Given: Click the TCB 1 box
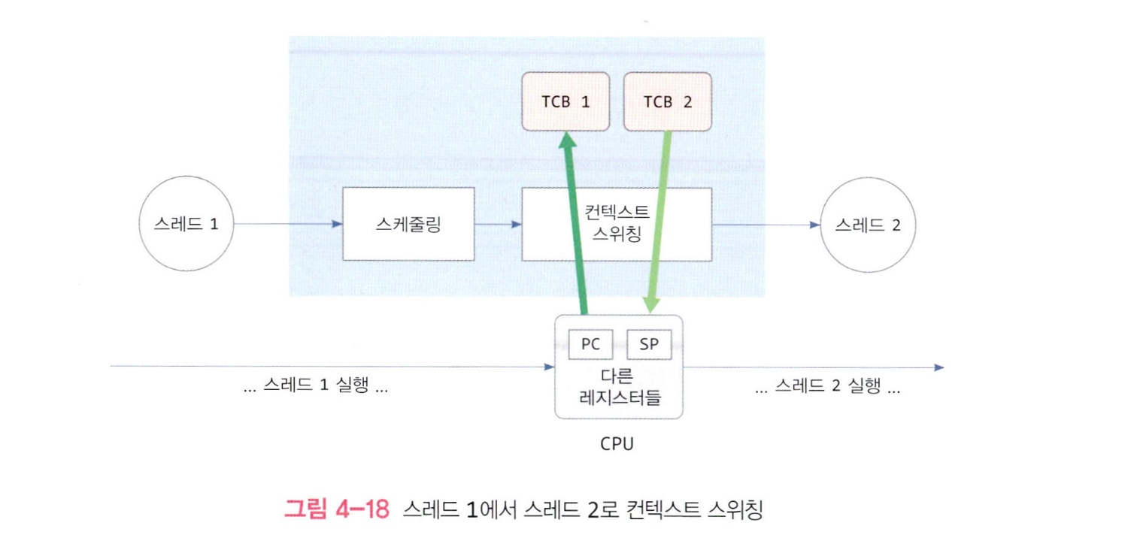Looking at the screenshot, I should coord(565,102).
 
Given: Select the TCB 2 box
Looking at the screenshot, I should coord(668,102).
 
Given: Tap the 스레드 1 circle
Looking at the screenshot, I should coord(186,224).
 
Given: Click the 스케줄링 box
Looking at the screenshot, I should coord(408,224).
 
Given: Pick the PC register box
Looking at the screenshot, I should coord(590,345).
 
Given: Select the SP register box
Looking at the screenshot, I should coord(648,345).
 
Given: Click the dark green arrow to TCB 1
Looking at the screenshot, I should coord(575,225).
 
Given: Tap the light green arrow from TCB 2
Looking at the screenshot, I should coord(658,225).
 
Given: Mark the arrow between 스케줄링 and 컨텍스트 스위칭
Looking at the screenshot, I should coord(498,224).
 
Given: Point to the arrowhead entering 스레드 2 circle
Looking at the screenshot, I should coord(814,224).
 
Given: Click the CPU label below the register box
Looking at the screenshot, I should coord(617,443).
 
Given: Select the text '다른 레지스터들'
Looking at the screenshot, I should coord(619,387).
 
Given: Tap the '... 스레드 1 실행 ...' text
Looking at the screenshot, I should coord(316,388).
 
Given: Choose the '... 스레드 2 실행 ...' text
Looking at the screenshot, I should coord(827,388).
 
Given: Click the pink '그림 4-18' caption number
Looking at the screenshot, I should coord(336,509).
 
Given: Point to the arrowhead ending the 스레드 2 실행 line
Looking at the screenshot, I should coord(938,367).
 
